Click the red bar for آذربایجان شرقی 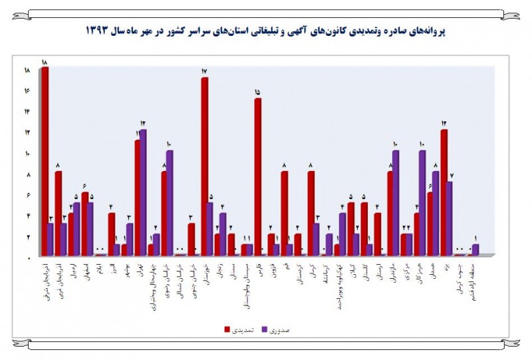(x=45, y=160)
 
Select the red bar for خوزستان (x=204, y=166)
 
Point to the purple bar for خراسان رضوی (x=170, y=202)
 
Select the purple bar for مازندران (x=396, y=202)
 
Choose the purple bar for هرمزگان (x=422, y=202)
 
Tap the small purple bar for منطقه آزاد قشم (x=475, y=250)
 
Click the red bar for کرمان (x=311, y=213)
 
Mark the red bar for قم (x=284, y=213)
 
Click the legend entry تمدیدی (x=236, y=329)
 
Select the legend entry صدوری (x=281, y=329)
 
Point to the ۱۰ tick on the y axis (x=27, y=154)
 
